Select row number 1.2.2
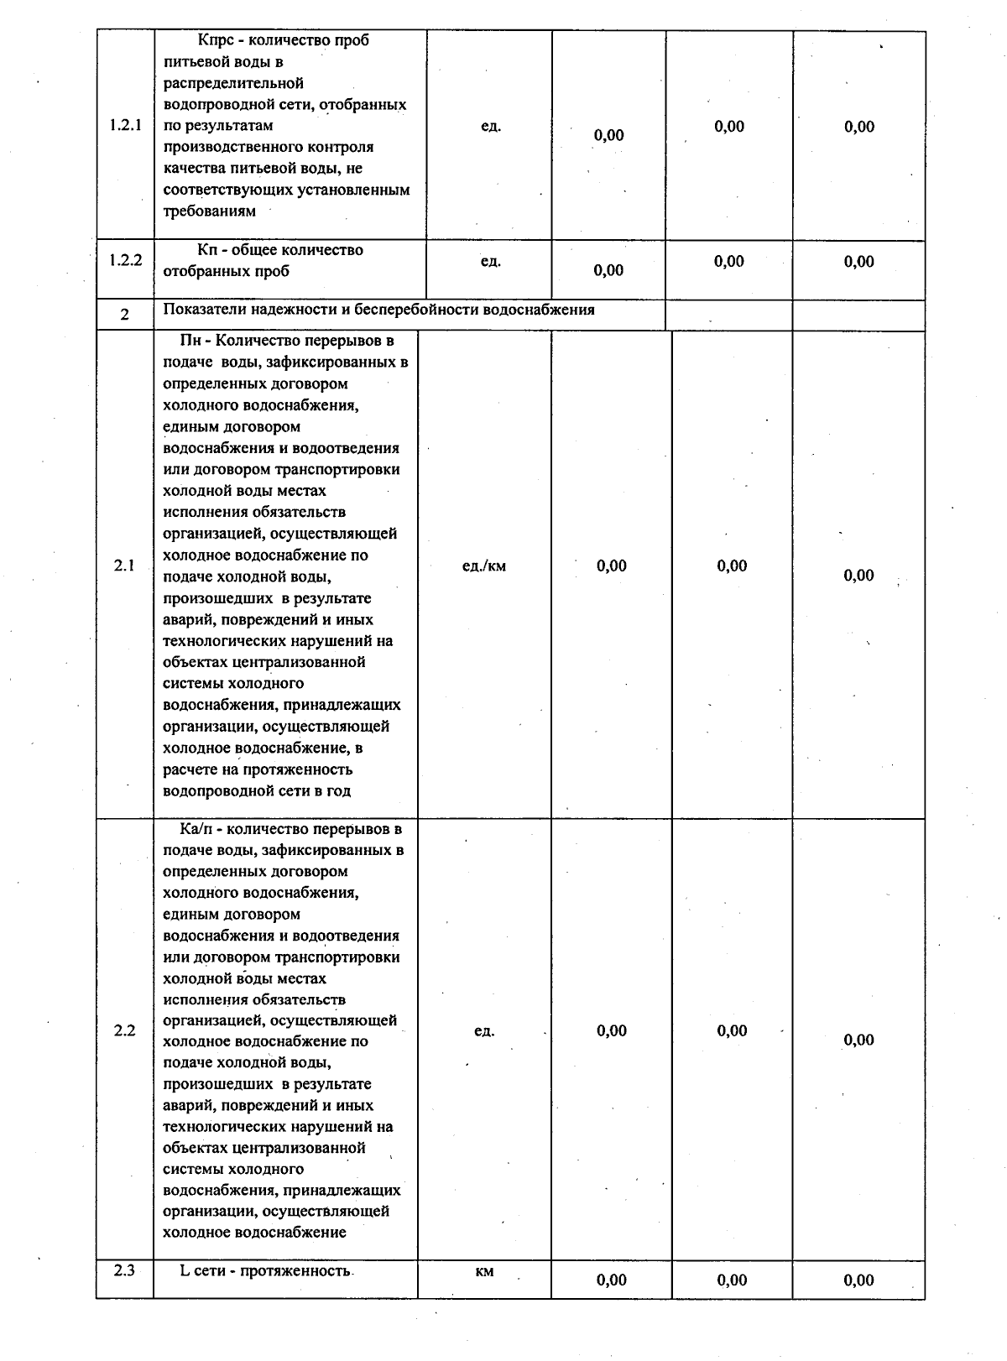click(125, 260)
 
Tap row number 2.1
click(124, 566)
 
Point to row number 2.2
click(124, 1030)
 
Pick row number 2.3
click(124, 1270)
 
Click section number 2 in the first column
click(124, 315)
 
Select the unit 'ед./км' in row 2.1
click(484, 566)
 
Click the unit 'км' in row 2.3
click(484, 1270)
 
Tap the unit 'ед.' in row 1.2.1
click(491, 126)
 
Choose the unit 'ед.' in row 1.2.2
click(491, 261)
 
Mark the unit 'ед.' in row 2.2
click(484, 1030)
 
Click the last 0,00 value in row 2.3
click(858, 1280)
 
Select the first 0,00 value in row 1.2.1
click(608, 135)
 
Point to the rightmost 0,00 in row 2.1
click(858, 575)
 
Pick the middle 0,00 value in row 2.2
click(732, 1030)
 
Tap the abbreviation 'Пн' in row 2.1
click(190, 341)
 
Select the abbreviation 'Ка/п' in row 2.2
click(196, 829)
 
